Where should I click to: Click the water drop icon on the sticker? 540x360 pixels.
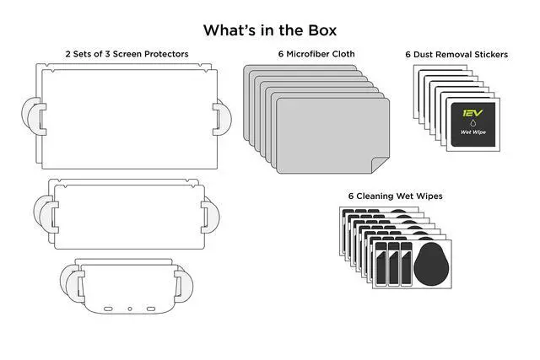469,121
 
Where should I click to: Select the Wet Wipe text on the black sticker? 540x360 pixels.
469,132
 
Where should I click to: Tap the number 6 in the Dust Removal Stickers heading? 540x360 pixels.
408,54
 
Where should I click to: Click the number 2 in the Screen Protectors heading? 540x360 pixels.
68,54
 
